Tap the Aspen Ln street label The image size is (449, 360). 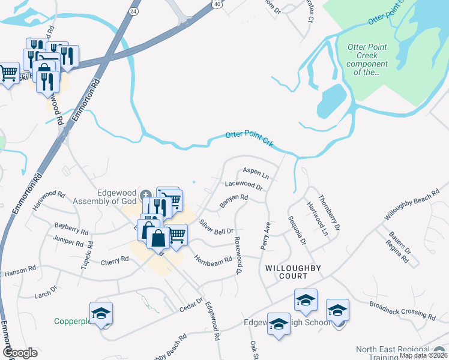pos(255,173)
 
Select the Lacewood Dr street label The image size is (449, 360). pos(243,187)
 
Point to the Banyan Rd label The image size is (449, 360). pos(234,201)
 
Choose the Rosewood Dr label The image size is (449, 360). pos(238,255)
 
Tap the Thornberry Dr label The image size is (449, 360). pos(329,212)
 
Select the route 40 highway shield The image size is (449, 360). pos(215,4)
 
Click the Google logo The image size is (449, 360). pos(20,353)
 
